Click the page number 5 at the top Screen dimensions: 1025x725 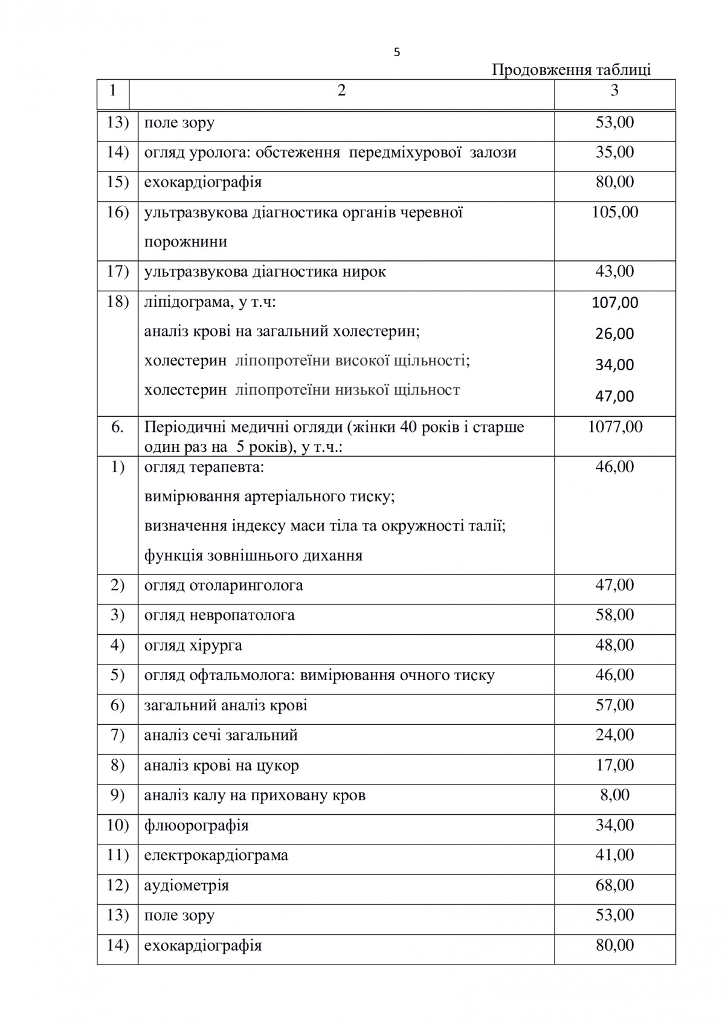[396, 53]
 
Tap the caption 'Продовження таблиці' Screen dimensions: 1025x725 [571, 70]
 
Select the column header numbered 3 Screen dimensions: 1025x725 [614, 91]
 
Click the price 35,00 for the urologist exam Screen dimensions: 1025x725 [614, 152]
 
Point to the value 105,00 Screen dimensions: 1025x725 [614, 212]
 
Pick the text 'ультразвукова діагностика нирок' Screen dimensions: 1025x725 [265, 272]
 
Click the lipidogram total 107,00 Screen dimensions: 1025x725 [614, 303]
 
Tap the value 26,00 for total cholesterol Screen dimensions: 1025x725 [614, 333]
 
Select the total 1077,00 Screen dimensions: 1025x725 [614, 427]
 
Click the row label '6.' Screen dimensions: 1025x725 [117, 427]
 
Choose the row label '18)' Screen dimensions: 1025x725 [117, 302]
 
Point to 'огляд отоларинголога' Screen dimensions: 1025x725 [224, 585]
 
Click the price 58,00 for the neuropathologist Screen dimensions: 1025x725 [614, 615]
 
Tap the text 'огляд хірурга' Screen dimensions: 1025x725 [193, 645]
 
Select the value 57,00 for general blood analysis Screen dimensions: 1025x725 [614, 705]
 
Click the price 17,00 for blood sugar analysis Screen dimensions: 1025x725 [614, 765]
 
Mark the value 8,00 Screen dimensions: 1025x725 [614, 795]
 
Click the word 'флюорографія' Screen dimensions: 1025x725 [196, 825]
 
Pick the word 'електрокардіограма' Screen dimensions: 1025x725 [216, 855]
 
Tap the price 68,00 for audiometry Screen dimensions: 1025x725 [614, 885]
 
